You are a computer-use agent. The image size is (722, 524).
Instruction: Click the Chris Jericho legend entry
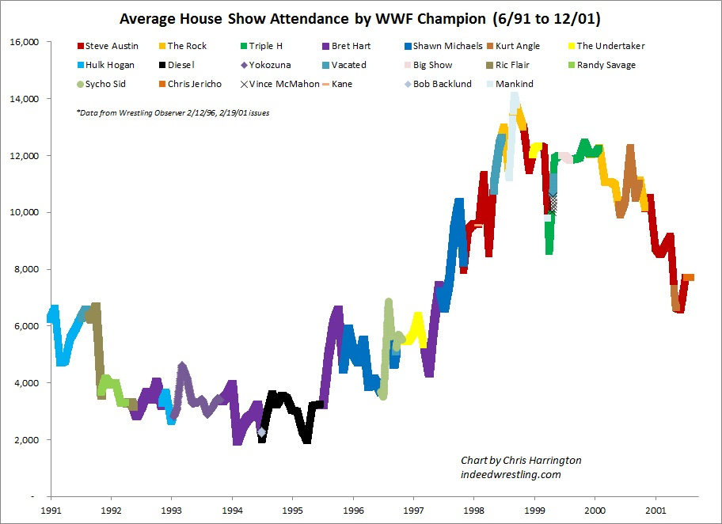(192, 83)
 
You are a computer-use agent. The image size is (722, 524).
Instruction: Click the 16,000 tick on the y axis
(25, 42)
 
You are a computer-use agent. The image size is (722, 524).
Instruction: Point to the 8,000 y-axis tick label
(27, 269)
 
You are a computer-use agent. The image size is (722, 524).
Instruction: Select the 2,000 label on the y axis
(27, 439)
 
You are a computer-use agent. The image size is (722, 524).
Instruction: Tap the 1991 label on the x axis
(52, 511)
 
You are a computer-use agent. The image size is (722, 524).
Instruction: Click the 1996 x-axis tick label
(353, 511)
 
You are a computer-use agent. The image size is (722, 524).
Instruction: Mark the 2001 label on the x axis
(655, 511)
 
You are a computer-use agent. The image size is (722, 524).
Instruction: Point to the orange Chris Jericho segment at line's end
(689, 277)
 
